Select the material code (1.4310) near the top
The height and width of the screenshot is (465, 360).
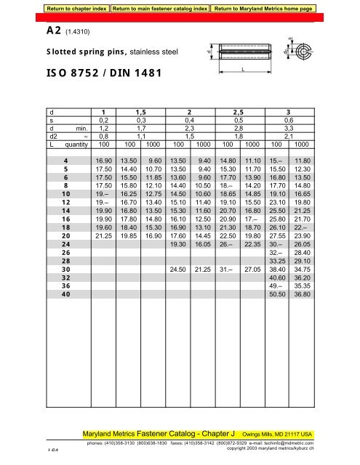click(79, 32)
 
